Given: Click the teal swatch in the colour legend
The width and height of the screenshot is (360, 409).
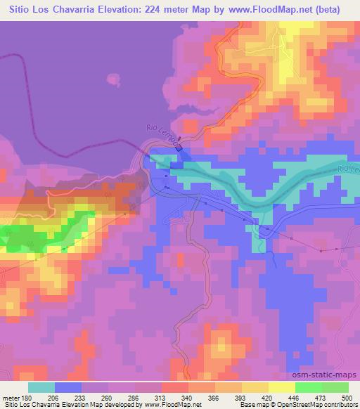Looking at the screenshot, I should [x=41, y=387].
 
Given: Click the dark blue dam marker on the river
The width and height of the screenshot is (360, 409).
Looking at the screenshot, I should [x=179, y=148].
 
